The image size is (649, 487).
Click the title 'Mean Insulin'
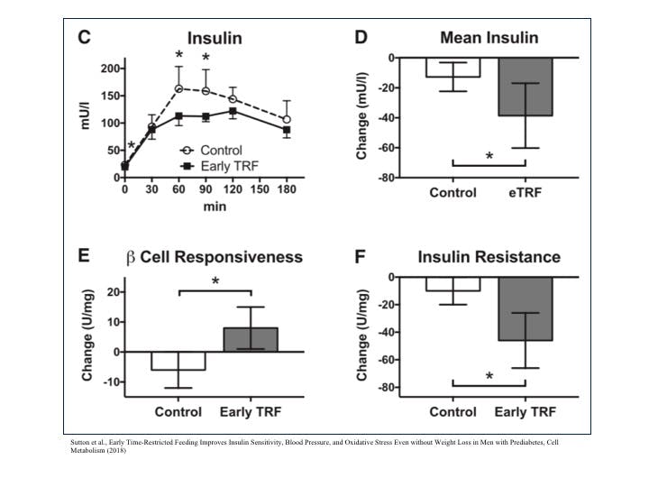pos(489,38)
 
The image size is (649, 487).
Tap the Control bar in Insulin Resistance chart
pos(452,284)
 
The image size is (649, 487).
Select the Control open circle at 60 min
pos(179,88)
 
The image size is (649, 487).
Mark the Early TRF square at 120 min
pos(233,111)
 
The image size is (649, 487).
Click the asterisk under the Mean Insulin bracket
pos(489,156)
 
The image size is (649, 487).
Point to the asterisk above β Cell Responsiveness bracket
pos(215,281)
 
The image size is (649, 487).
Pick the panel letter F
pos(361,257)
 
